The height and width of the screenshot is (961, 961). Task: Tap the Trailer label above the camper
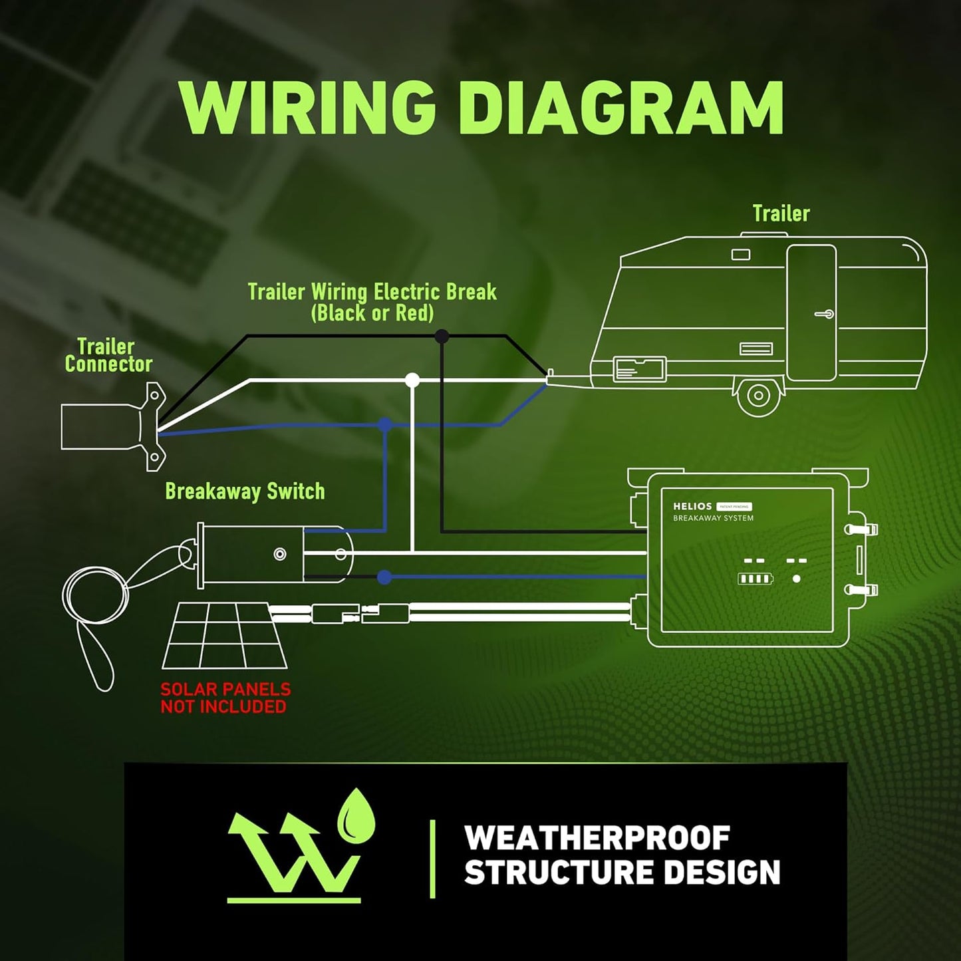(781, 213)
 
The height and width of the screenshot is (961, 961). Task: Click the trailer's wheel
(759, 396)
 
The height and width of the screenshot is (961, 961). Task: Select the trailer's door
(811, 313)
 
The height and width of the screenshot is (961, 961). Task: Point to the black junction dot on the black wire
(442, 337)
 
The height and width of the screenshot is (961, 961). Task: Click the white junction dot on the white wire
(412, 380)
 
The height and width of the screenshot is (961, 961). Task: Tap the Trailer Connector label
(108, 355)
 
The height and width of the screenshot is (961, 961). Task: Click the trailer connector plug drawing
(113, 426)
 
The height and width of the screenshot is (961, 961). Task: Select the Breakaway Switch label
(245, 491)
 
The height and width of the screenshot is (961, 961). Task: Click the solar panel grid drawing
(225, 635)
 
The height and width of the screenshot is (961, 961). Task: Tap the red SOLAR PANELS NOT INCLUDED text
(225, 698)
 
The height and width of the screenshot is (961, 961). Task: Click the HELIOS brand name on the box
(692, 506)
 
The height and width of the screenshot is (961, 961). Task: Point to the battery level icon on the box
(755, 579)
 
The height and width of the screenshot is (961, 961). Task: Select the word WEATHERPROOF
(597, 838)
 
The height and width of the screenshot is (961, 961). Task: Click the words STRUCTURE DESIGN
(622, 873)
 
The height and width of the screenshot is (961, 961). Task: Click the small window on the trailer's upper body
(740, 255)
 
